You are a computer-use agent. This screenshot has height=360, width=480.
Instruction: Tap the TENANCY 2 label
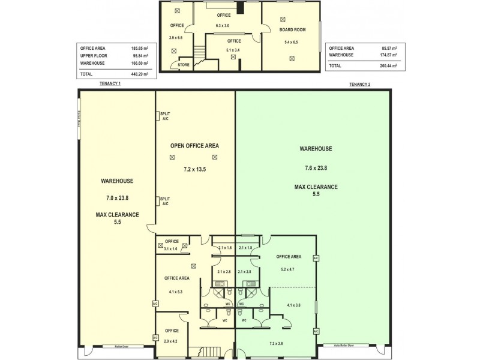tap(359, 84)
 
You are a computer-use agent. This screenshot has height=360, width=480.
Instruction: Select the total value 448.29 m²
tap(140, 74)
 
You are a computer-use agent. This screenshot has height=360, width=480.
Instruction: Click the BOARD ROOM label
tap(291, 29)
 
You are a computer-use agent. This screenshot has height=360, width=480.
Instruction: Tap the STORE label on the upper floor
tap(184, 65)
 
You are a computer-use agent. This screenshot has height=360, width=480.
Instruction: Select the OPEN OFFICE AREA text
tap(194, 146)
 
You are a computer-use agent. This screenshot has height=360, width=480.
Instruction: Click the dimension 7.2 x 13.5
tap(194, 170)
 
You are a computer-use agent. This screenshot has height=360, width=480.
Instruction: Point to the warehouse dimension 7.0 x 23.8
tap(117, 197)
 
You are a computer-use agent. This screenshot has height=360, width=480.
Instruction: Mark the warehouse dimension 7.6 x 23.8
tap(316, 168)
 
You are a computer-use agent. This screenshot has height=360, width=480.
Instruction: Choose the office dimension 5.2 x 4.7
tap(287, 269)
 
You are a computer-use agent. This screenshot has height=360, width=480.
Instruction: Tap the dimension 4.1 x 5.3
tap(176, 292)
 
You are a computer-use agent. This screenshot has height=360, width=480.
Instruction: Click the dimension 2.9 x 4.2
tap(172, 341)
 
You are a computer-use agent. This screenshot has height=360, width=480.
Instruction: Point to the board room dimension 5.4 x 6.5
tap(291, 43)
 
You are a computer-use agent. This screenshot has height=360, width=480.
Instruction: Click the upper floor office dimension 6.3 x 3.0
tap(223, 26)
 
